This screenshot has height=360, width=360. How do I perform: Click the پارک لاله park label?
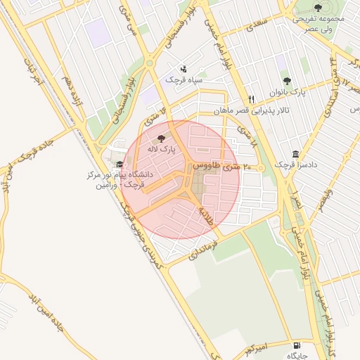tap(162, 150)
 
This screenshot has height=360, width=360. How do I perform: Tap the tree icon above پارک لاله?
tap(162, 139)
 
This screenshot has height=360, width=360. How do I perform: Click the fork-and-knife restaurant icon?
tap(251, 98)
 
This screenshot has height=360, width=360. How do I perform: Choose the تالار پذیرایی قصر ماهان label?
tap(251, 111)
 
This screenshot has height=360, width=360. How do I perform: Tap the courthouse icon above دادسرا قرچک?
tap(295, 154)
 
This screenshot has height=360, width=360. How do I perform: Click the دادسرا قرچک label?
tap(291, 165)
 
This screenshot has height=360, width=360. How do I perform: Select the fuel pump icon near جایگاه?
tap(297, 345)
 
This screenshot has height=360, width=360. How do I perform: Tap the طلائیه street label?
tap(205, 215)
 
